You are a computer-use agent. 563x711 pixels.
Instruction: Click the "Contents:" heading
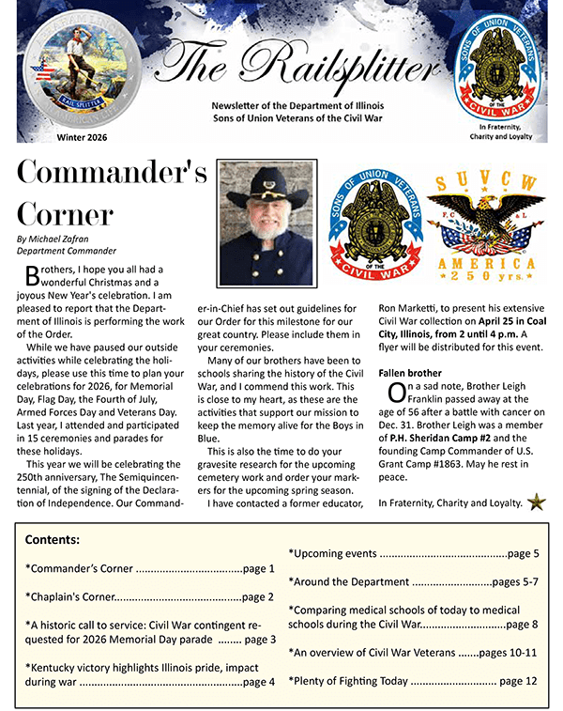[53, 540]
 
